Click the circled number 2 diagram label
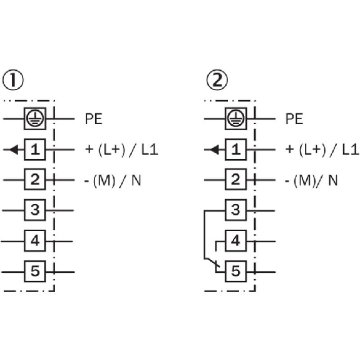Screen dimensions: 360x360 pos(218,80)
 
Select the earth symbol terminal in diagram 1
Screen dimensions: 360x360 pos(34,118)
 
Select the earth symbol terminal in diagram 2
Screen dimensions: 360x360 pos(235,118)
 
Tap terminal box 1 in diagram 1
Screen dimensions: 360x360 pos(34,150)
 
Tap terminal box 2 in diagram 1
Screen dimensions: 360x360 pos(34,180)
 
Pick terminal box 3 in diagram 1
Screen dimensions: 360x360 pos(34,210)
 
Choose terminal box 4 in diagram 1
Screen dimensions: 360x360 pos(34,240)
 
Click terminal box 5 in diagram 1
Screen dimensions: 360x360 pos(34,272)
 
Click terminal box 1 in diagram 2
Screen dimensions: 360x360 pos(235,150)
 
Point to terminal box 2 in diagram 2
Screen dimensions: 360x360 pos(235,180)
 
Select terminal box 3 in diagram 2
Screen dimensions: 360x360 pos(235,210)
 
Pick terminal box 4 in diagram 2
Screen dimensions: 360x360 pos(235,240)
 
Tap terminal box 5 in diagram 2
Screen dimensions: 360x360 pos(235,272)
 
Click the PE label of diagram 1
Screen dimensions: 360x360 pos(93,118)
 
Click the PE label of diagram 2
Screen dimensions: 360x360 pos(294,118)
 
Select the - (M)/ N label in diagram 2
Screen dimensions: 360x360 pos(311,181)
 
